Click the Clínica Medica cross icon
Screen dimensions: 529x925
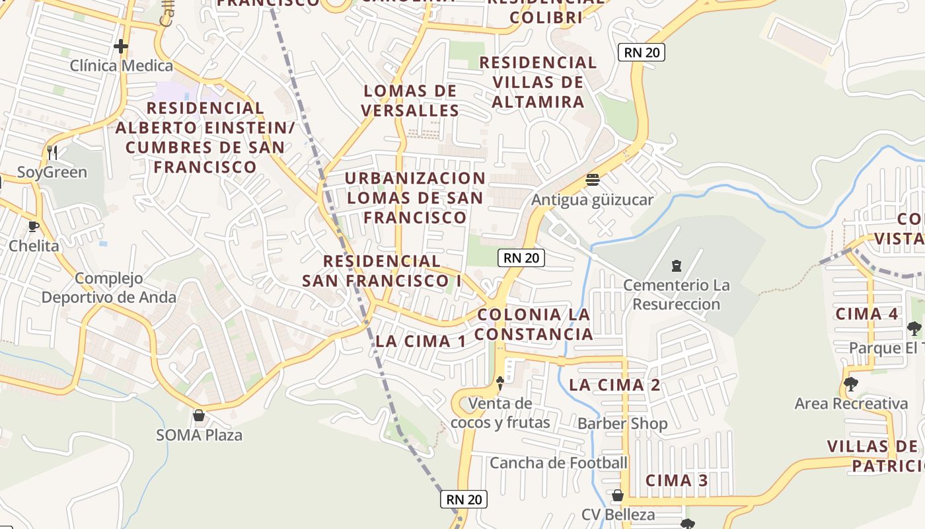(121, 46)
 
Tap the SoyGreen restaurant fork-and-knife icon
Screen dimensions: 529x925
(52, 153)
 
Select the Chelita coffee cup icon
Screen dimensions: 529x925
(33, 227)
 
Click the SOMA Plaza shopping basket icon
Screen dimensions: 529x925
(199, 415)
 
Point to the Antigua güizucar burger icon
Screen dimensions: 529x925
(592, 180)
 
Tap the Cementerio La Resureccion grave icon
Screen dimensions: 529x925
(676, 266)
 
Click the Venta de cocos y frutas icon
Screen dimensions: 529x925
(500, 382)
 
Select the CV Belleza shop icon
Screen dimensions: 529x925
(618, 495)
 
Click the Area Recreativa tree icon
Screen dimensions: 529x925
(851, 384)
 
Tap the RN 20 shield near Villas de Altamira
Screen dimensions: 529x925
(641, 52)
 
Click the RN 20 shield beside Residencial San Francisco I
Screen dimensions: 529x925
(521, 258)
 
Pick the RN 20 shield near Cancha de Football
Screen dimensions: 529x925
(464, 499)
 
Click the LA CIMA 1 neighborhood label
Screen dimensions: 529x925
(421, 341)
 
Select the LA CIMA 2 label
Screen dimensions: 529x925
(614, 385)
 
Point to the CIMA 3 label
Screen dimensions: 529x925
(677, 481)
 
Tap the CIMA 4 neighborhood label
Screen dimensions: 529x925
(867, 314)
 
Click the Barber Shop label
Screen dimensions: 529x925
(622, 423)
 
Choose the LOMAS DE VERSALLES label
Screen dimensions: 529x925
(410, 101)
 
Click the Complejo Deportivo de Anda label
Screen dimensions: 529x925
(109, 288)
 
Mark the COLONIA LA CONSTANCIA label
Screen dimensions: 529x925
(534, 324)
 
